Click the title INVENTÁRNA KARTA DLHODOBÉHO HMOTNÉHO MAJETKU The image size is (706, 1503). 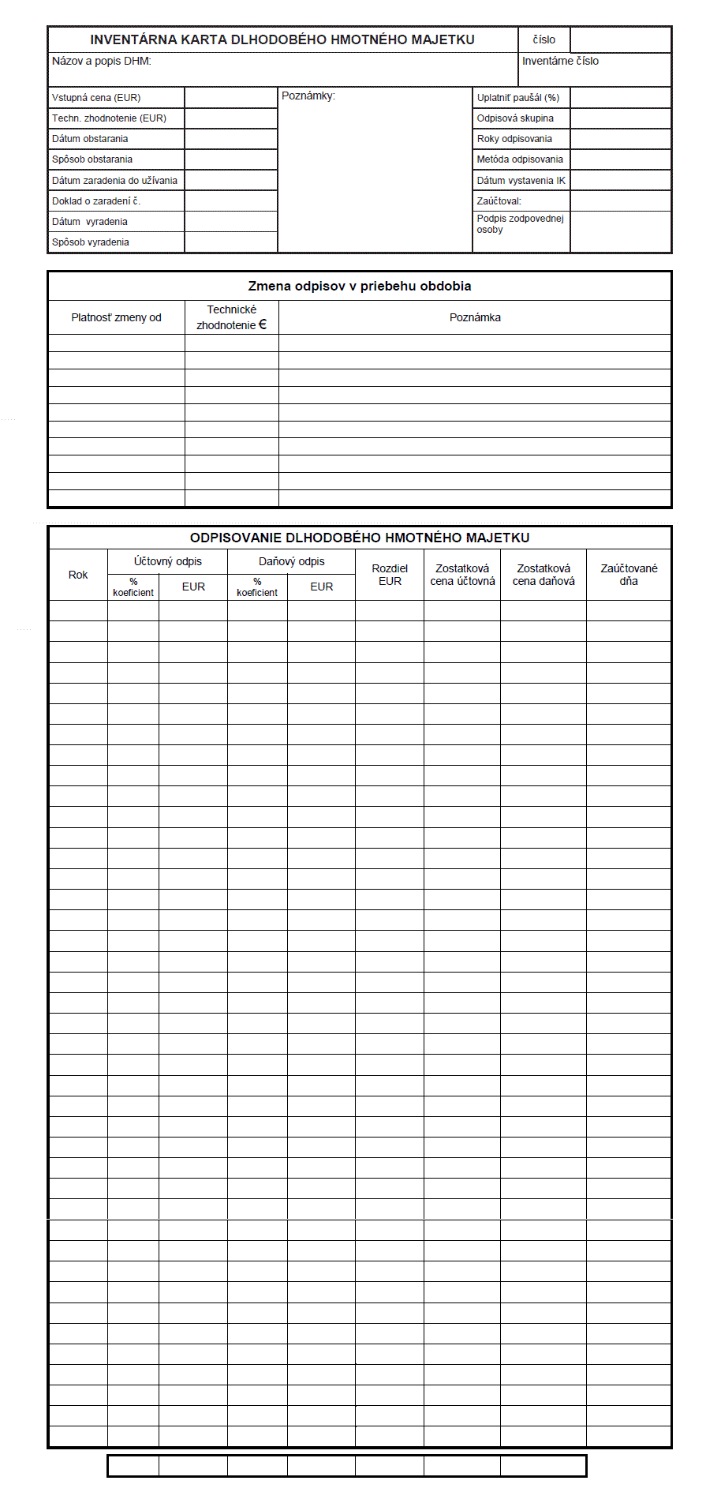coord(282,39)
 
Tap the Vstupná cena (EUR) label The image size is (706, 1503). coord(96,98)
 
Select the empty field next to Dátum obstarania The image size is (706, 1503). coord(231,139)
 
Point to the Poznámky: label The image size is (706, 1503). coord(308,96)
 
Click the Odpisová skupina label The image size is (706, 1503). coord(515,118)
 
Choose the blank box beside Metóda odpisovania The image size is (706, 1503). coord(620,159)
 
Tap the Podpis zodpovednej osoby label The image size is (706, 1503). coord(520,224)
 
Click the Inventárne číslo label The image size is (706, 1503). coord(560,61)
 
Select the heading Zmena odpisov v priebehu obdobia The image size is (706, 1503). coord(360,286)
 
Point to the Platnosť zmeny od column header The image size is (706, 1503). coord(116,317)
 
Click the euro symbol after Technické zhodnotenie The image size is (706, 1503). coord(263,324)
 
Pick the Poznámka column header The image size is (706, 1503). coord(475,317)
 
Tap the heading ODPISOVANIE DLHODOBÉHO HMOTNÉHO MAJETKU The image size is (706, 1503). coord(360,538)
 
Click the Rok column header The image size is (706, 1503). coord(78,575)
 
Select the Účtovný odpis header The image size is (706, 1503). coord(168,561)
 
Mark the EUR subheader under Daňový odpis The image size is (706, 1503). coord(322,587)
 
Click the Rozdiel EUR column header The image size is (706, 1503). coord(390,575)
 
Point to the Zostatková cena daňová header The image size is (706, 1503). coord(544,575)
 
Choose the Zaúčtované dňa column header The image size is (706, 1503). coord(629,575)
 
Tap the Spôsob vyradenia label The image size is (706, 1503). coord(91,242)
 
